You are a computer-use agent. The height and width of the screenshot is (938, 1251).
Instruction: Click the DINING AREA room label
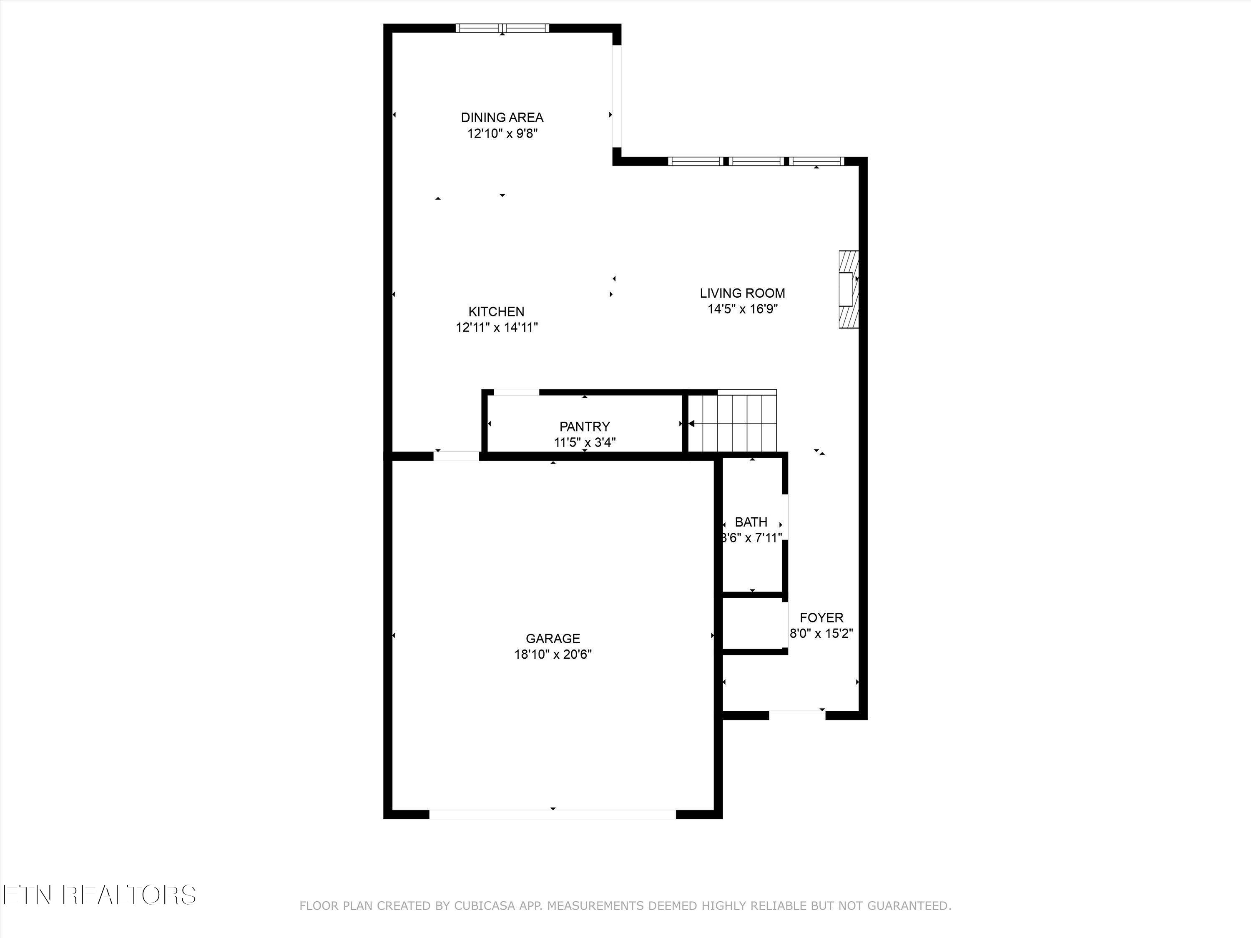(x=502, y=118)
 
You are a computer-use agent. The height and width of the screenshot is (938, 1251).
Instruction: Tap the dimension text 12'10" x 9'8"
(x=502, y=134)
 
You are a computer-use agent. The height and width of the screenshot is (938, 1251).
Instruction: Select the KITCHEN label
(x=496, y=311)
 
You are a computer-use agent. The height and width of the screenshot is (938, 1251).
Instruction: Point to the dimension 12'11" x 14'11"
(x=496, y=327)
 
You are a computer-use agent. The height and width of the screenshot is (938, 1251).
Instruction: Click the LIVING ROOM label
(x=742, y=293)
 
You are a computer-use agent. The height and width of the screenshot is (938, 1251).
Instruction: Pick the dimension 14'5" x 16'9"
(x=742, y=309)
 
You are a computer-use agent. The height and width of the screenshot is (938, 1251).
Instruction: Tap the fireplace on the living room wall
(x=848, y=289)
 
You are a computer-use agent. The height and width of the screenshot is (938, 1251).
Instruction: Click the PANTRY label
(x=584, y=427)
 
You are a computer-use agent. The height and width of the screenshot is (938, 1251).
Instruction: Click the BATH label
(x=751, y=522)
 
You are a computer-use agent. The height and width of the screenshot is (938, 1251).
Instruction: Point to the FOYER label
(x=821, y=618)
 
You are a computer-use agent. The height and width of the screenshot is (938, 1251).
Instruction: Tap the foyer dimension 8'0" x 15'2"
(x=821, y=634)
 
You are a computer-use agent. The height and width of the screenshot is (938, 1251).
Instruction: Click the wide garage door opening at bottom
(x=553, y=814)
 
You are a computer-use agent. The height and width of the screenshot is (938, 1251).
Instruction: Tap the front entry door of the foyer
(x=797, y=715)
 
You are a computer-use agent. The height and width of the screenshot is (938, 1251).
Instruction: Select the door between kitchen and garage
(x=456, y=456)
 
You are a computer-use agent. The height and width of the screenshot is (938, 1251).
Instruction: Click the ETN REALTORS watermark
(x=99, y=895)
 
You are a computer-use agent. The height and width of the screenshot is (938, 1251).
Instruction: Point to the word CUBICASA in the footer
(x=484, y=922)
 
